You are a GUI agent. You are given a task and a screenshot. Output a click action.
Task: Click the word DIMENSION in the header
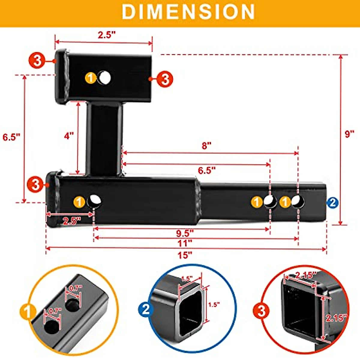pyautogui.click(x=188, y=12)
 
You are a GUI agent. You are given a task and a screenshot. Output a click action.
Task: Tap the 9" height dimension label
pyautogui.click(x=349, y=134)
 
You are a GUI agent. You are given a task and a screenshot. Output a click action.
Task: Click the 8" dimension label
pyautogui.click(x=207, y=146)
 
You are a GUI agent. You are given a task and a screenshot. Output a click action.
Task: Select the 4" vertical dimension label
pyautogui.click(x=69, y=136)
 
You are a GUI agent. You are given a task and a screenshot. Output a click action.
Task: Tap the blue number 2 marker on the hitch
pyautogui.click(x=332, y=203)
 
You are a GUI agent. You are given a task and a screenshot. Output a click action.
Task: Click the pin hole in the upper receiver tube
pyautogui.click(x=105, y=78)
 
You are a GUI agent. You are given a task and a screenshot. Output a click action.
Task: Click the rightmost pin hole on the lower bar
pyautogui.click(x=298, y=202)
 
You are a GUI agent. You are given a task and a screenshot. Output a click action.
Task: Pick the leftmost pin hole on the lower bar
pyautogui.click(x=94, y=201)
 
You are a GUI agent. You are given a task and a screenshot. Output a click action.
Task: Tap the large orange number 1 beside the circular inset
pyautogui.click(x=27, y=312)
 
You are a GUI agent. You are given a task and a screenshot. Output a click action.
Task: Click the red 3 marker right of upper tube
pyautogui.click(x=165, y=79)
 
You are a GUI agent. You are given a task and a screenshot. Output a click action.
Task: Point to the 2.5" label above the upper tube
pyautogui.click(x=106, y=35)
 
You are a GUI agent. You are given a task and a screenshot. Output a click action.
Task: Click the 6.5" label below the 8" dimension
pyautogui.click(x=207, y=170)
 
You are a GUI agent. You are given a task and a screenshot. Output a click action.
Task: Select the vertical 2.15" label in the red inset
pyautogui.click(x=336, y=318)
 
